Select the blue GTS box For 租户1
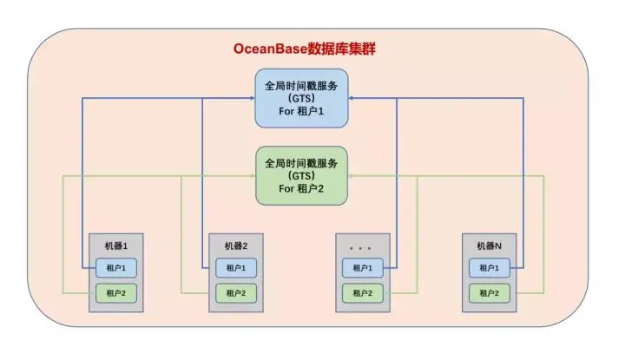pyautogui.click(x=301, y=99)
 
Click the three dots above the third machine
pyautogui.click(x=359, y=245)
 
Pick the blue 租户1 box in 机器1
pyautogui.click(x=115, y=267)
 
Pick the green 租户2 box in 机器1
pyautogui.click(x=115, y=293)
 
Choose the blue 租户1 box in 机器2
pyautogui.click(x=235, y=267)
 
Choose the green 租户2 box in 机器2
pyautogui.click(x=235, y=293)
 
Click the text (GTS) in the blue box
pyautogui.click(x=301, y=100)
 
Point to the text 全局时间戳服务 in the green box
pyautogui.click(x=301, y=161)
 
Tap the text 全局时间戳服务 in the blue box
pyautogui.click(x=301, y=86)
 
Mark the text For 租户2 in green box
pyautogui.click(x=301, y=188)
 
